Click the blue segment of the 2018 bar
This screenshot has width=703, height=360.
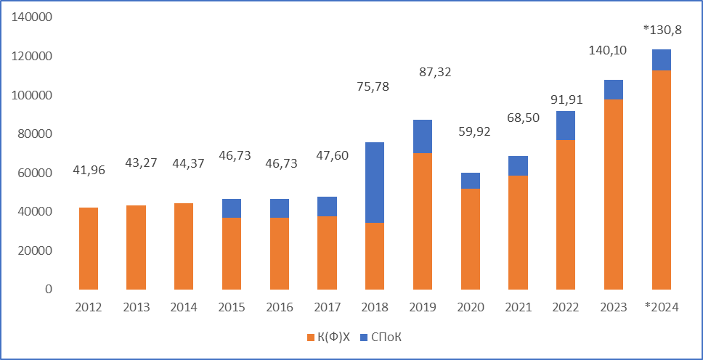[x=375, y=182]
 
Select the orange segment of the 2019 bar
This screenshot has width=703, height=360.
[x=423, y=221]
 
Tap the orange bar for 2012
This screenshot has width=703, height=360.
[x=89, y=248]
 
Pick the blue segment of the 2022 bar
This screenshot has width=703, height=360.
[x=566, y=126]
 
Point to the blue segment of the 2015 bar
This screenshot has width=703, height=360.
[x=231, y=208]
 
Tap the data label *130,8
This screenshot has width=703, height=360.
[x=662, y=29]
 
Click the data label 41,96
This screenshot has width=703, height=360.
[x=89, y=171]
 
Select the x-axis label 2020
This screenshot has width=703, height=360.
[x=470, y=307]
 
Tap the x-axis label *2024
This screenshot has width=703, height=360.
[x=661, y=307]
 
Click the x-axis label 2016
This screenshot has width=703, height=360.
[x=279, y=307]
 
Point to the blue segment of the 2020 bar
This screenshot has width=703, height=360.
[x=470, y=181]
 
